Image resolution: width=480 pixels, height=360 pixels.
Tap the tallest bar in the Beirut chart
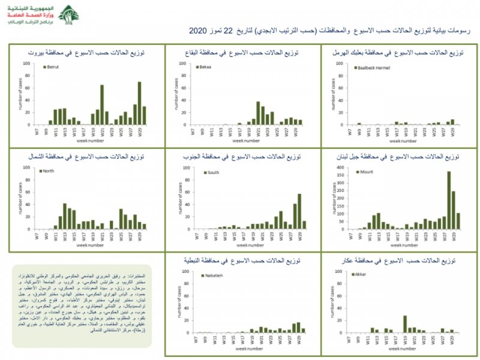coord(139,103)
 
